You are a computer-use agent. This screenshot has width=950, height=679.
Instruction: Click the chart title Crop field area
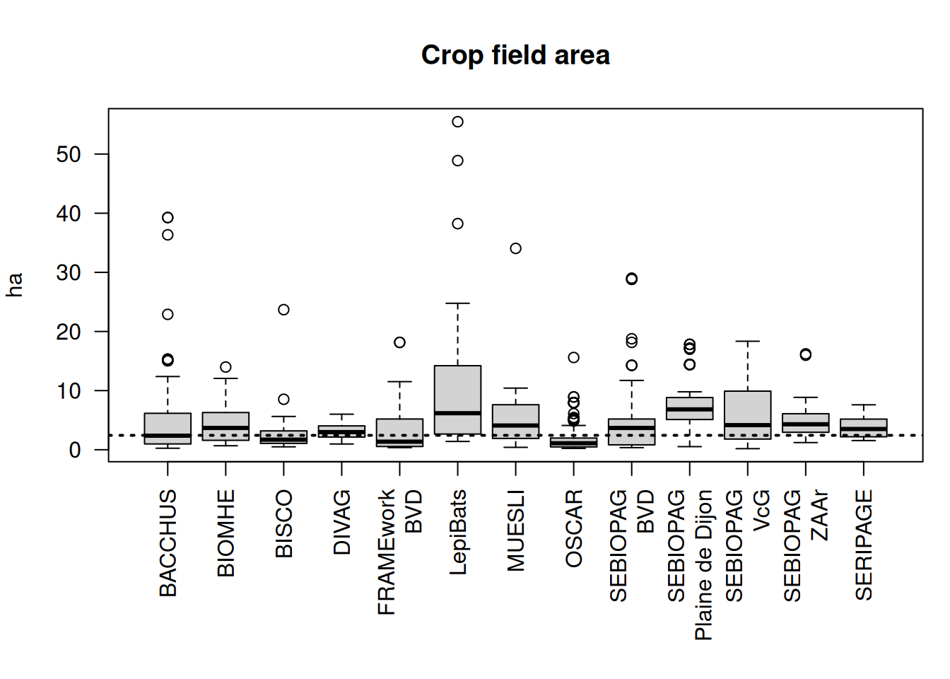pos(515,55)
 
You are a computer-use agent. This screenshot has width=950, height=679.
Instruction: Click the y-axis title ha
pos(14,284)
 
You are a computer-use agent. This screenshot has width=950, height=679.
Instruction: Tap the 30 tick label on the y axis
pos(69,272)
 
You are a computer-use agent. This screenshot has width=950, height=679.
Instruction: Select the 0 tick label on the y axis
pos(75,450)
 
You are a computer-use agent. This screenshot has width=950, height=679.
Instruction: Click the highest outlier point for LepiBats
pos(457,122)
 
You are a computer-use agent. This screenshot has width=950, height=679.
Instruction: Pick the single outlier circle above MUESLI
pos(515,248)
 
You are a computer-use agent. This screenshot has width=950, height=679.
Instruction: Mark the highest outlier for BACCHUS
pos(168,217)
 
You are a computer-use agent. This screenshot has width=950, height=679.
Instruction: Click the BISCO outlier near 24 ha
pos(283,310)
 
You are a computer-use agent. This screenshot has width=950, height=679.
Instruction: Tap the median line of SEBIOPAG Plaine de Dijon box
pos(689,410)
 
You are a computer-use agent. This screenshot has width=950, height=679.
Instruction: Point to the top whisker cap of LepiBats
pos(457,303)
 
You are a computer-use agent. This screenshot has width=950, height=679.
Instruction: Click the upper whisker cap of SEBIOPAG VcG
pos(747,341)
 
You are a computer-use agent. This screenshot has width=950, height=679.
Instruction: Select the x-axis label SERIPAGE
pos(864,545)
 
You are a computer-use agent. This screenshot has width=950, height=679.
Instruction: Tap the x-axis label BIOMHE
pos(226,533)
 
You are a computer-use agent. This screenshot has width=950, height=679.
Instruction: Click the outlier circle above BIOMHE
pos(225,367)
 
